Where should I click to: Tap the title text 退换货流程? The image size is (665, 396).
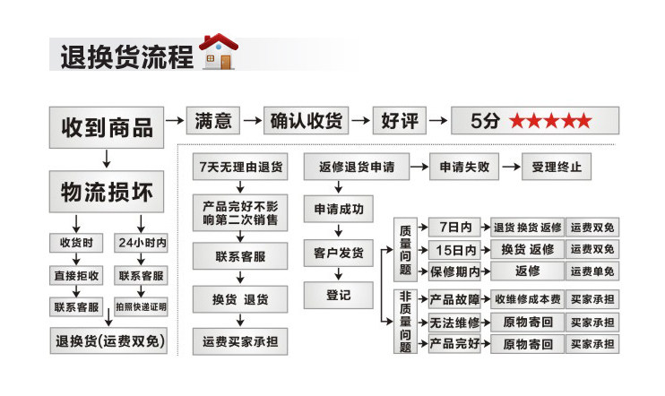coord(125,56)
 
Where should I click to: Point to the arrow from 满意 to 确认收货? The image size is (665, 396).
coord(252,120)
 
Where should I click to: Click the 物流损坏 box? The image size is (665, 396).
coord(106,192)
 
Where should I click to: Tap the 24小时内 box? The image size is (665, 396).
coord(142,243)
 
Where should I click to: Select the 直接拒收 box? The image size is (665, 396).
coord(76,275)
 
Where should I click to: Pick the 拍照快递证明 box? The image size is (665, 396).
coord(142,306)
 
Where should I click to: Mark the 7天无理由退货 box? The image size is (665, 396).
coord(239,168)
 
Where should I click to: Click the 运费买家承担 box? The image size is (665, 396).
coord(239,340)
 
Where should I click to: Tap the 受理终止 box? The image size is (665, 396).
coord(557,167)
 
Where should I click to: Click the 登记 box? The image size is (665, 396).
coord(338,294)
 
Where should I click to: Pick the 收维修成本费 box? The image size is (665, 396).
coord(527,298)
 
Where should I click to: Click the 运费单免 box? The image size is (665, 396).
coord(592,271)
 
